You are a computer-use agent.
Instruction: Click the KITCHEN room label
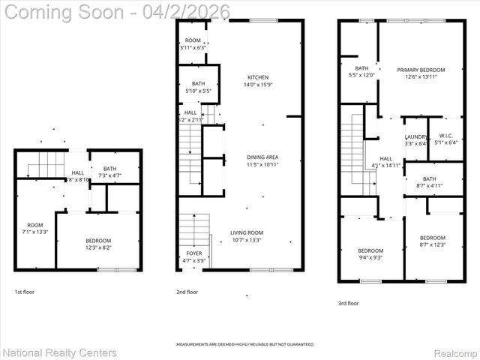pyautogui.click(x=258, y=77)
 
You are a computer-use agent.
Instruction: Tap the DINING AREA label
pyautogui.click(x=262, y=157)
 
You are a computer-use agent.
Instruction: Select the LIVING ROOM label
pyautogui.click(x=246, y=233)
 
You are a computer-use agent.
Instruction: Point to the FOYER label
pyautogui.click(x=193, y=253)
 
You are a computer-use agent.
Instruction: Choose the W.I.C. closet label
pyautogui.click(x=445, y=136)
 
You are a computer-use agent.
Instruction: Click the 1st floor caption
pyautogui.click(x=24, y=292)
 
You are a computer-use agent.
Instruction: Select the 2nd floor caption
pyautogui.click(x=187, y=292)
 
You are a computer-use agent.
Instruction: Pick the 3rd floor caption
pyautogui.click(x=348, y=304)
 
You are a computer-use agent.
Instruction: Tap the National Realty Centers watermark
pyautogui.click(x=60, y=352)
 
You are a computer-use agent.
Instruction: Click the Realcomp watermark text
pyautogui.click(x=454, y=352)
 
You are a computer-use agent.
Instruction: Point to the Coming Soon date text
pyautogui.click(x=117, y=12)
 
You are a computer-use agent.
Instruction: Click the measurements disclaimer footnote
pyautogui.click(x=244, y=344)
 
